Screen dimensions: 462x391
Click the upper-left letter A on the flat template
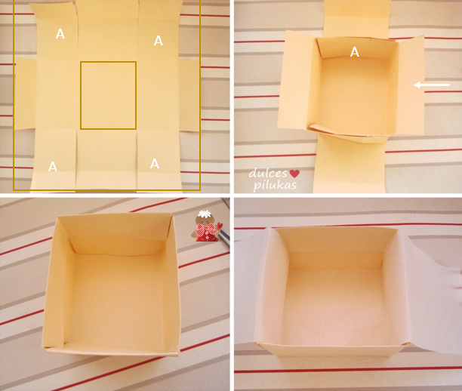[60, 34]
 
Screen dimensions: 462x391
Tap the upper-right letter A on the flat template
[159, 40]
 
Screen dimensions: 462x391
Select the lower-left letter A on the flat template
[53, 167]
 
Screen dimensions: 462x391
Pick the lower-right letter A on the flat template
[155, 164]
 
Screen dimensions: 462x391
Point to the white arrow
[432, 85]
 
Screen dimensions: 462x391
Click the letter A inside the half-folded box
[355, 52]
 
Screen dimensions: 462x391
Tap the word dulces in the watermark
[268, 173]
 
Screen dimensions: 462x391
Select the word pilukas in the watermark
[275, 186]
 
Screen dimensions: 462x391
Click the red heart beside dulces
[294, 174]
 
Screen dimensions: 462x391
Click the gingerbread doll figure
[208, 226]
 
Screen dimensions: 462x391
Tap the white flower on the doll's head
[204, 214]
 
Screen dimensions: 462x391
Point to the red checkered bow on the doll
[206, 229]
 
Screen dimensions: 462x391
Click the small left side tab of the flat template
[26, 94]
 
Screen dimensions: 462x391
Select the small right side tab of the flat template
[189, 96]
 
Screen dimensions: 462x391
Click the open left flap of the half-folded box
[297, 81]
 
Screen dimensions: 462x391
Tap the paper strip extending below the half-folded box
[350, 165]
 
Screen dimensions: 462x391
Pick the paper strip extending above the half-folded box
[357, 19]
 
